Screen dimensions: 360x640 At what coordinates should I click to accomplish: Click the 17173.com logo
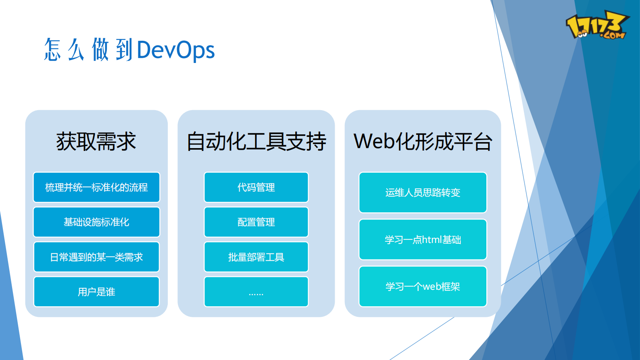click(x=597, y=25)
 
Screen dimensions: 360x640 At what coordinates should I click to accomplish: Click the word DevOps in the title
click(x=176, y=50)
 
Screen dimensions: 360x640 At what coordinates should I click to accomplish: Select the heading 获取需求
click(x=96, y=142)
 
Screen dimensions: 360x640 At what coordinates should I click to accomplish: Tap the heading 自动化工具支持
click(x=256, y=142)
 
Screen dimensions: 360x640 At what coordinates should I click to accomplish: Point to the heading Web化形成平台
click(x=423, y=142)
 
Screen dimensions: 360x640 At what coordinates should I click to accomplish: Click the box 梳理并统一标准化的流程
click(x=96, y=187)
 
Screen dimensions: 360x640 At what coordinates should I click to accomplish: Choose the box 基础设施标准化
click(x=96, y=222)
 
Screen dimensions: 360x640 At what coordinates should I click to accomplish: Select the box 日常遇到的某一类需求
click(x=96, y=257)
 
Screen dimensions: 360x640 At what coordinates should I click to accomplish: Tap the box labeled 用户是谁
click(x=96, y=292)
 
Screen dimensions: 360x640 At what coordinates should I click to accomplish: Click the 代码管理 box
click(x=256, y=187)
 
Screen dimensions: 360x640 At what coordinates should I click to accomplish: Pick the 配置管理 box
click(x=256, y=222)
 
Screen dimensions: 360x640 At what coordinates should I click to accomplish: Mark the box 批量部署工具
click(x=256, y=257)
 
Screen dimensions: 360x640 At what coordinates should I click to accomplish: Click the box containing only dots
click(x=256, y=292)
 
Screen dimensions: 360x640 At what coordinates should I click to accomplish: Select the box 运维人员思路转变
click(x=423, y=193)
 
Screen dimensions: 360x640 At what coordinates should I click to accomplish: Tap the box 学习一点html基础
click(x=423, y=240)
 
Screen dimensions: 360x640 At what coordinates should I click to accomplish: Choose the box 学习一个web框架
click(x=423, y=287)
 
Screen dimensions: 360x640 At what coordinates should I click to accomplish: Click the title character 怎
click(x=52, y=50)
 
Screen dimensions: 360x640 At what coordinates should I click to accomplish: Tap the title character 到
click(x=124, y=50)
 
